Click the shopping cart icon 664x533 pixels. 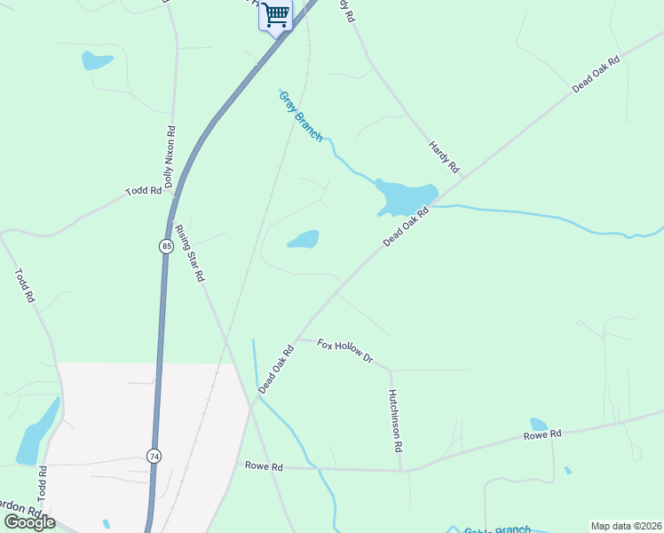pos(275,15)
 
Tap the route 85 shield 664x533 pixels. pos(166,246)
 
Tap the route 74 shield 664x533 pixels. pos(154,456)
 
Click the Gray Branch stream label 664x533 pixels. pos(301,115)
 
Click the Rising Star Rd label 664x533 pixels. pos(190,253)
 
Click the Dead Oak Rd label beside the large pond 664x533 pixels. pos(406,227)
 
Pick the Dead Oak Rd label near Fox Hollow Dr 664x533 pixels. pos(276,369)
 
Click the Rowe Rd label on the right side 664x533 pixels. pos(542,434)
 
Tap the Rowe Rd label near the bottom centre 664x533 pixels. pos(264,466)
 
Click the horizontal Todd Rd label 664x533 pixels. pos(143,191)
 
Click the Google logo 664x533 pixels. pos(29,521)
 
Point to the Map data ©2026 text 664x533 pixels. pos(626,526)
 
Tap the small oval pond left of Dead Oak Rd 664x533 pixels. pos(304,240)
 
